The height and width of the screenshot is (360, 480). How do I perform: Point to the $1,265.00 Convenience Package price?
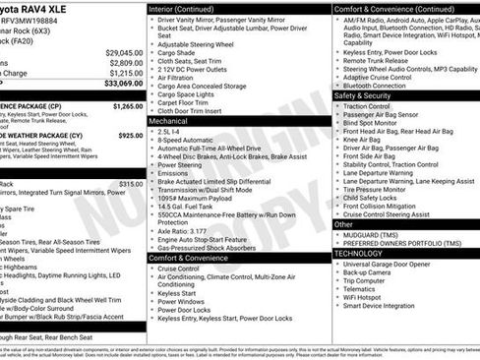(128, 106)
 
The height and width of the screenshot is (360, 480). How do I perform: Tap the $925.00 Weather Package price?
(130, 135)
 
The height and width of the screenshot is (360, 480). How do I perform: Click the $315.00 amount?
(131, 184)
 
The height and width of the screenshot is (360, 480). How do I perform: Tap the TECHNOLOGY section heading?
(359, 253)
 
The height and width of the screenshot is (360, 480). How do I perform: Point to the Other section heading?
(344, 224)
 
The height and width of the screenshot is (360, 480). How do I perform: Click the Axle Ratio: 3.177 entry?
(182, 230)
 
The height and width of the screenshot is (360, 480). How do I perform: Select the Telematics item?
(361, 289)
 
